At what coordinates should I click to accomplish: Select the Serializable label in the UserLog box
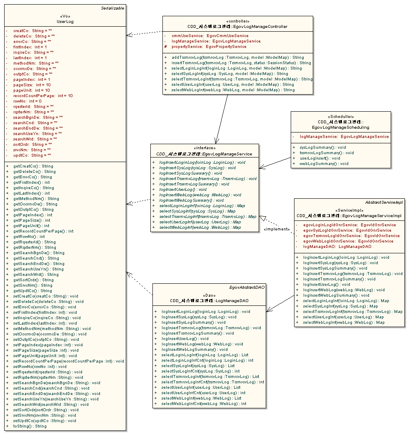click(112, 8)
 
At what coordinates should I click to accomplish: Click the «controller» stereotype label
click(237, 21)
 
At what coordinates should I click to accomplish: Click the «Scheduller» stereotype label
click(341, 117)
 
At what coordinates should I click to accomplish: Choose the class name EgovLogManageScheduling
click(340, 127)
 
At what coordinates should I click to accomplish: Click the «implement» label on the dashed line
click(276, 229)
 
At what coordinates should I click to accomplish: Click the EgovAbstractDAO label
click(247, 287)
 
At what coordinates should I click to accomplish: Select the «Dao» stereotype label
click(209, 295)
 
